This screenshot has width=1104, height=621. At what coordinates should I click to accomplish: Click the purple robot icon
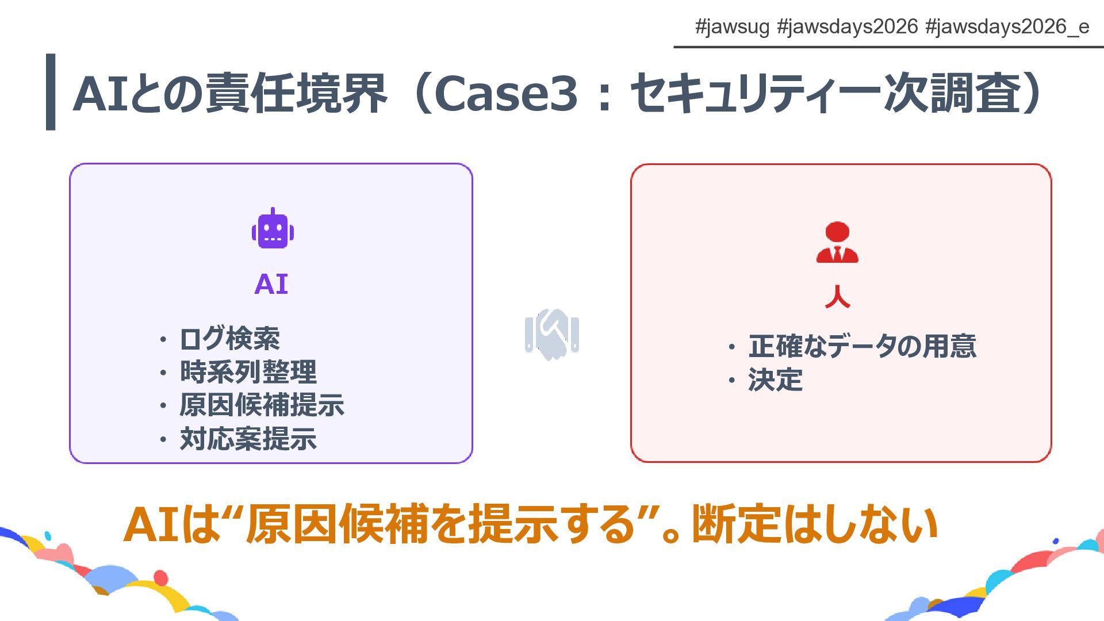pos(273,229)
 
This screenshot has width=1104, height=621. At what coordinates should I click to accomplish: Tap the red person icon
pos(837,243)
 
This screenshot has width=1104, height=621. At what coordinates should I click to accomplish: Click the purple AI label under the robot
pos(271,284)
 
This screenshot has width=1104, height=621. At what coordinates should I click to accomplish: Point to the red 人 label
pos(837,297)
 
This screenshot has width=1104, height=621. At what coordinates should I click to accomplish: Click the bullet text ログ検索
pos(229,339)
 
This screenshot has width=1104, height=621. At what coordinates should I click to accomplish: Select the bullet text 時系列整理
pos(248,372)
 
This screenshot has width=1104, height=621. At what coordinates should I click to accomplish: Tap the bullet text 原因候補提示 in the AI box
pos(262,405)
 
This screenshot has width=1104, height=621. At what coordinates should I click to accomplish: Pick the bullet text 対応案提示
pos(248,439)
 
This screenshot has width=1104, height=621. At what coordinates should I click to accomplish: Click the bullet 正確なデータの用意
pos(862,346)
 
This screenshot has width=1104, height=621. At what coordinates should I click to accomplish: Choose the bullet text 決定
pos(775,380)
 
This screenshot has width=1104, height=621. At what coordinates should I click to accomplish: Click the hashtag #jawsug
pos(732,26)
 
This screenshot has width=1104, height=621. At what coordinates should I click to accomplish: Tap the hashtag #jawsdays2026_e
pos(1007,26)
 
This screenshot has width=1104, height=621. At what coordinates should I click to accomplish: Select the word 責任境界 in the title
pos(296,93)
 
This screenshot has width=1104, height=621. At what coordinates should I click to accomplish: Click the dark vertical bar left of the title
pos(51,92)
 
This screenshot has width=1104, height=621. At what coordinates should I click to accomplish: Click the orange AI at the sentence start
pos(151,524)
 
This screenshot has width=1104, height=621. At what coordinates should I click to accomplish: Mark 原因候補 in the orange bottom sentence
pos(338,524)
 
